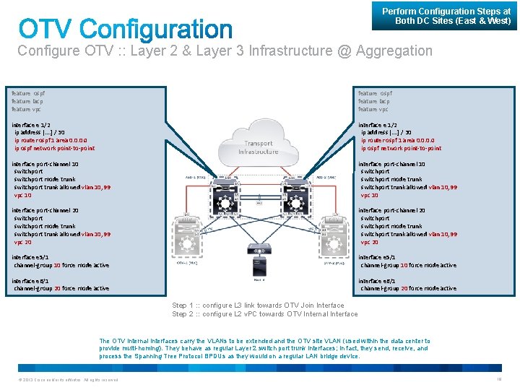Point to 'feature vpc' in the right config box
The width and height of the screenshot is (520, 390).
(373, 109)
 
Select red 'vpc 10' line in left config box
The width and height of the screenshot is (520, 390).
(23, 195)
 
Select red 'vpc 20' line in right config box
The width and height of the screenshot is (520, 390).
(370, 242)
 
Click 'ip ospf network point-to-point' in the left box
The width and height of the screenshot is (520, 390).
(54, 148)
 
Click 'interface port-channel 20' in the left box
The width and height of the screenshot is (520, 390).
(45, 210)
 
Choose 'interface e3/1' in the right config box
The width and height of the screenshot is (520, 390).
(376, 257)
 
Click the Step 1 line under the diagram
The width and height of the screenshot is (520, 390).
(258, 305)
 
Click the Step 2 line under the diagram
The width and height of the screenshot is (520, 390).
(264, 314)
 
